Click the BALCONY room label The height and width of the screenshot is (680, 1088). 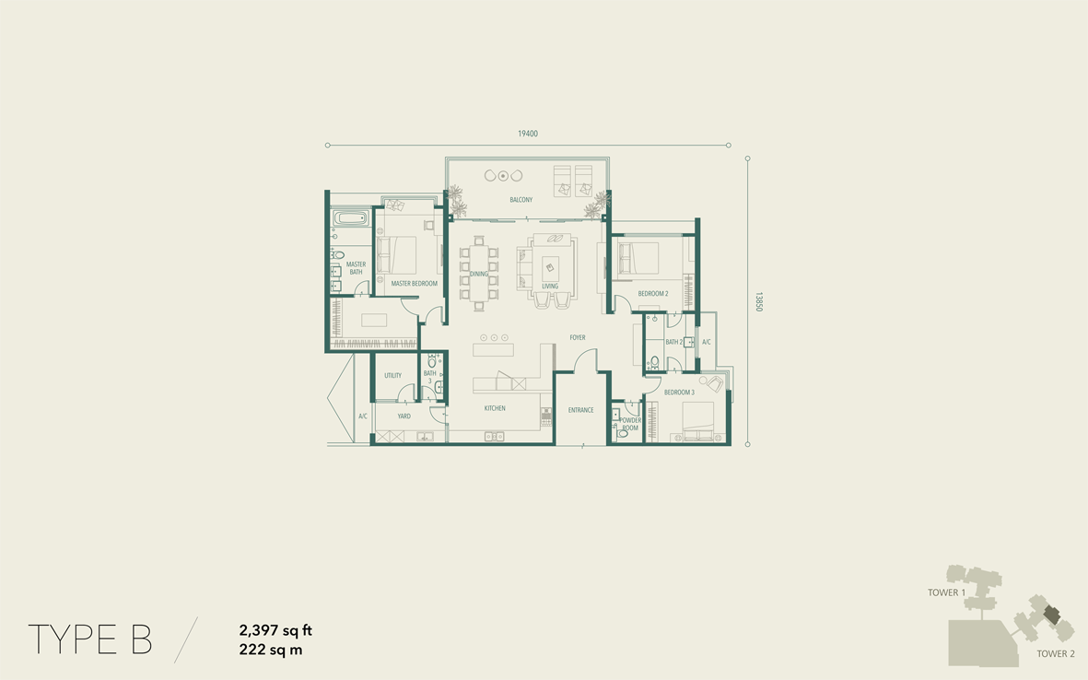[x=521, y=200]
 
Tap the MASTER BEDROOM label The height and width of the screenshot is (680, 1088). [x=415, y=284]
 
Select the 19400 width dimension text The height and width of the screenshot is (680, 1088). [x=527, y=134]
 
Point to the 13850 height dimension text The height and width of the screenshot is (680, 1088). [x=758, y=302]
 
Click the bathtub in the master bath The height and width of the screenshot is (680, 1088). [x=350, y=218]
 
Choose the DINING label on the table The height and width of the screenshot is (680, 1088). [x=479, y=274]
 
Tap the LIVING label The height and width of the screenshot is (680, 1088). [x=550, y=286]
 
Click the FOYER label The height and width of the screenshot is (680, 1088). [x=578, y=338]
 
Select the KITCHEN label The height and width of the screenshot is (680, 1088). [x=495, y=409]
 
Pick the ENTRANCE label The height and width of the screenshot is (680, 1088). [x=580, y=410]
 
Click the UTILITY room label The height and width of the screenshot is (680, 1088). [x=392, y=376]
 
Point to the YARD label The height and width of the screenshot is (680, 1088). [x=404, y=416]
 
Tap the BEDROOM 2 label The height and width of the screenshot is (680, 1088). [x=653, y=294]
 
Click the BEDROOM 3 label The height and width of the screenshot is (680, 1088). [x=679, y=393]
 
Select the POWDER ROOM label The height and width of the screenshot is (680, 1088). [x=630, y=424]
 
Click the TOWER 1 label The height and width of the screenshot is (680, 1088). [x=946, y=592]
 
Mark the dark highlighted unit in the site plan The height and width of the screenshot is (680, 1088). [x=1053, y=614]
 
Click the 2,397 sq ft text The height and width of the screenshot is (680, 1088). [x=275, y=631]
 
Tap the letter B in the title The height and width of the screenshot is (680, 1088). [x=141, y=639]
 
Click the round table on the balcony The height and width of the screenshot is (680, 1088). [x=504, y=176]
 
